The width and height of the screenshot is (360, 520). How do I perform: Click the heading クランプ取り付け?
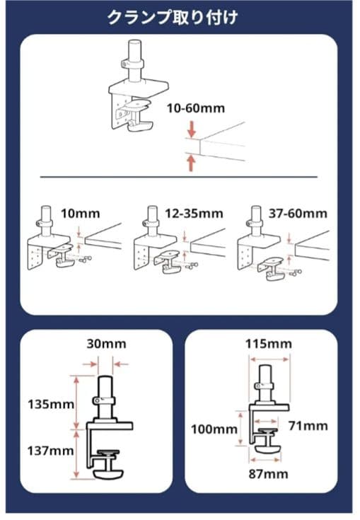click(173, 17)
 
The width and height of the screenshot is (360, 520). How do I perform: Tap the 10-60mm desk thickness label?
click(196, 108)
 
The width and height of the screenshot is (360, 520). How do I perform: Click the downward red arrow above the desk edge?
click(191, 129)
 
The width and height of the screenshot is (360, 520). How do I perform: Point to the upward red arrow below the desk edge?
click(191, 163)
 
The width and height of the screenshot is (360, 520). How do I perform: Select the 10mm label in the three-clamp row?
click(80, 213)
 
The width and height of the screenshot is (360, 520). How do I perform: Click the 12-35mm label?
click(194, 213)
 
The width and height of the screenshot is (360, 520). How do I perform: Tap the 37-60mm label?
click(298, 213)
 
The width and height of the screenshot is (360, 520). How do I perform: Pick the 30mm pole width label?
click(106, 344)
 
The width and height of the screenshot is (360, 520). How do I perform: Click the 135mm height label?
click(51, 404)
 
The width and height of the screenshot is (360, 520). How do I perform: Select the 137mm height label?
click(50, 451)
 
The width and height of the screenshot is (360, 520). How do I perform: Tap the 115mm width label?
click(269, 344)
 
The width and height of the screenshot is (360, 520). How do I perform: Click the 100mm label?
click(214, 429)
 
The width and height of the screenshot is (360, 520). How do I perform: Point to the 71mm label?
click(308, 425)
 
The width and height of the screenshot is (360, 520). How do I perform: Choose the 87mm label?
click(268, 473)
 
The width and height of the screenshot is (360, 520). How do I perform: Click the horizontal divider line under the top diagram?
click(179, 177)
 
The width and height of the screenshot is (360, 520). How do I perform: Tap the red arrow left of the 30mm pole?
click(90, 364)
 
